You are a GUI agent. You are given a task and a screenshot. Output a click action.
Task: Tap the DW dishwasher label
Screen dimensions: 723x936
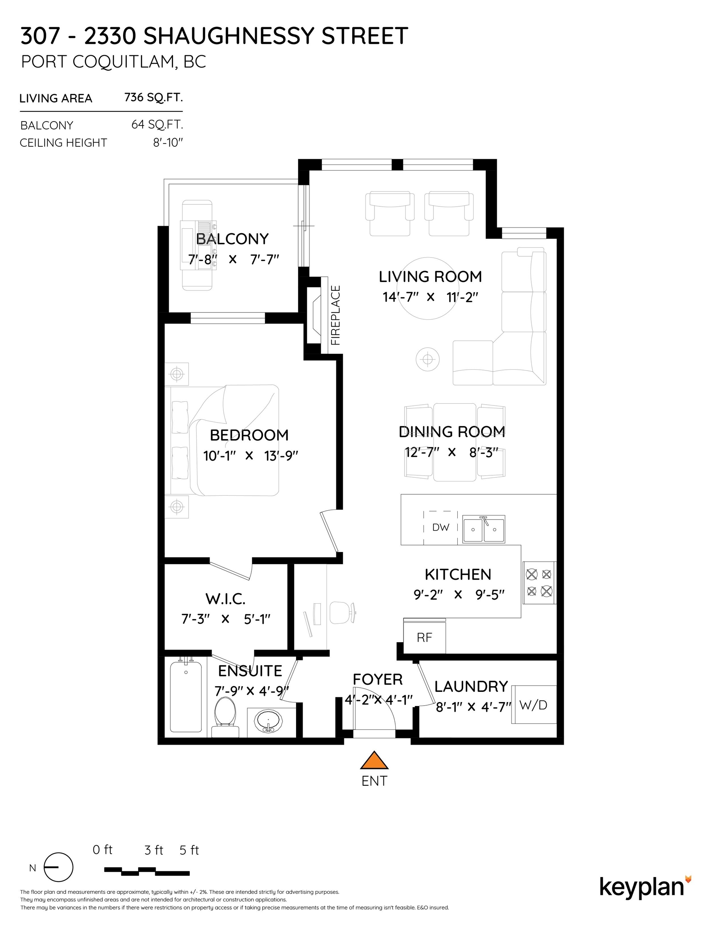click(x=441, y=528)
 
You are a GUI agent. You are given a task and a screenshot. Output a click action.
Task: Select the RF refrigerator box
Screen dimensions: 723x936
click(x=424, y=637)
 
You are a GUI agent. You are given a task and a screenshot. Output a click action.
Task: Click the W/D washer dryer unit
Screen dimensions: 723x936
click(x=534, y=705)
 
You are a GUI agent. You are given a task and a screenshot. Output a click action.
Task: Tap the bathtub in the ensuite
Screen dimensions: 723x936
click(x=186, y=697)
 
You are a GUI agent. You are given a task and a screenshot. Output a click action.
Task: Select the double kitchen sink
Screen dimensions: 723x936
click(x=484, y=529)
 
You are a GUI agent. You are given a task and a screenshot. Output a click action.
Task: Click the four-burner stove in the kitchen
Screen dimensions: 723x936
click(x=539, y=583)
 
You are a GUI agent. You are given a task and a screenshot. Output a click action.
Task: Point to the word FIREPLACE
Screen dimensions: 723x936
click(x=336, y=315)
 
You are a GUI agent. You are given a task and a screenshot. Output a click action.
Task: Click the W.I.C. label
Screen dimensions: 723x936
click(x=225, y=599)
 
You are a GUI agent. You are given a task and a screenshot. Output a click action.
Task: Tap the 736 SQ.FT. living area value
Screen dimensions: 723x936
click(x=154, y=98)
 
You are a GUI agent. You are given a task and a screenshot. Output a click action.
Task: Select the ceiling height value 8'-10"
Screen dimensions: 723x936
click(x=168, y=142)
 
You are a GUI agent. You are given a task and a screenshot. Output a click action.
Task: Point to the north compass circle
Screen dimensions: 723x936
click(x=59, y=867)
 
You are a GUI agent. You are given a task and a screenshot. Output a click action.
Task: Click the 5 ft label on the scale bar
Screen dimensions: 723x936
click(x=189, y=850)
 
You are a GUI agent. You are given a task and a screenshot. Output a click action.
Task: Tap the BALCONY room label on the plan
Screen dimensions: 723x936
click(x=232, y=239)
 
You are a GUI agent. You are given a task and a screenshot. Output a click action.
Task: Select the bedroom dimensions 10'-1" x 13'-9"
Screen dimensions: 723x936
click(x=250, y=455)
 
